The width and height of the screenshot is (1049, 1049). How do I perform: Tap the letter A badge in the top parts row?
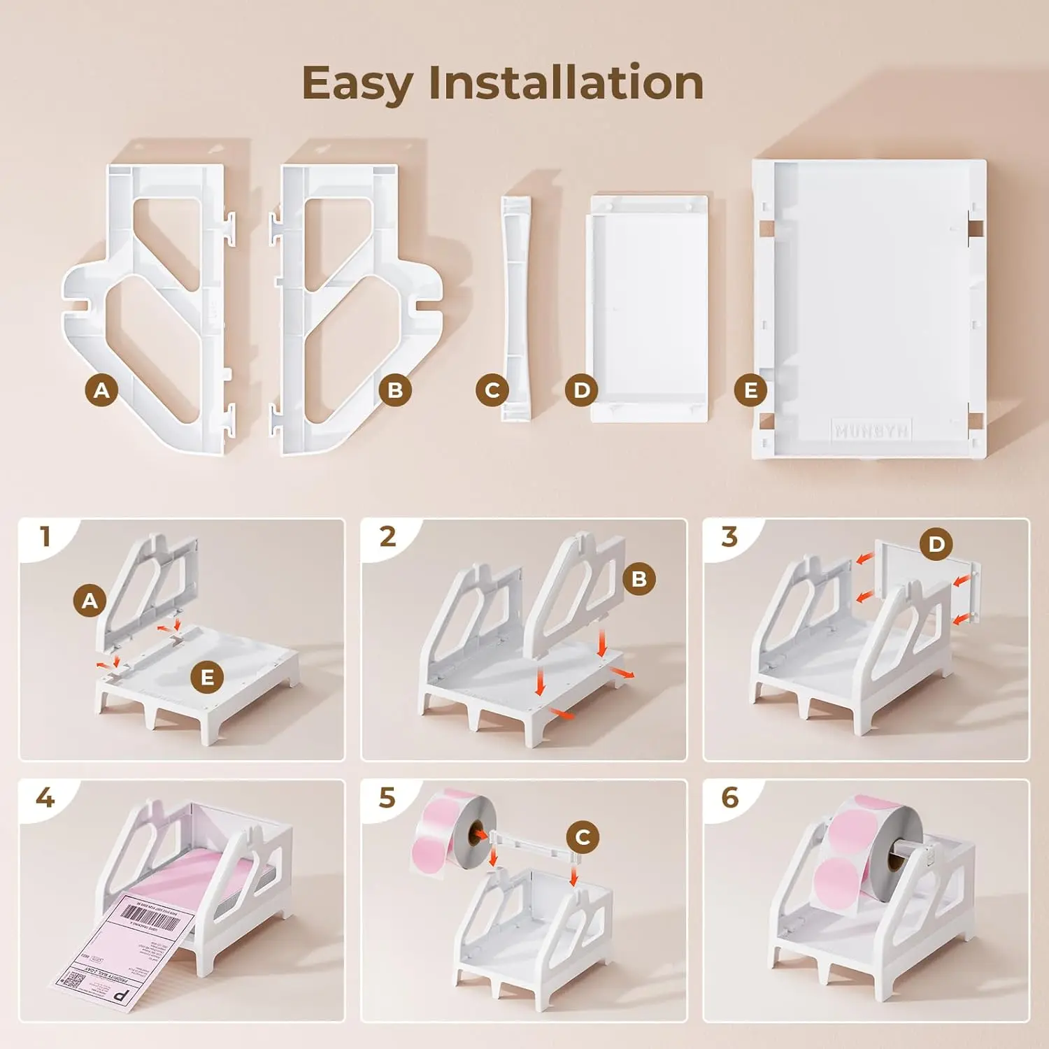[x=101, y=390]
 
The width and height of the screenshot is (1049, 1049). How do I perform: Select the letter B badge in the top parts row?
[x=395, y=390]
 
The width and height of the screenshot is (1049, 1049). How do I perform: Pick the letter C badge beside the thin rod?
[x=492, y=390]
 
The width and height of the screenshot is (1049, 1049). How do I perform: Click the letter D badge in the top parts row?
[x=582, y=390]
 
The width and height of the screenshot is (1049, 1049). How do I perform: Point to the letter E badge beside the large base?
[x=750, y=390]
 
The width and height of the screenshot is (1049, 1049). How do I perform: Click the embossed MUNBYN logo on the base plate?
[x=871, y=431]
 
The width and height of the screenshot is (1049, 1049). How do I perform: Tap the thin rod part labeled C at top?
[x=516, y=308]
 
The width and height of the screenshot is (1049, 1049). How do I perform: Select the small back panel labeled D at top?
[x=648, y=308]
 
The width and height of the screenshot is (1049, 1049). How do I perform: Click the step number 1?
[x=45, y=537]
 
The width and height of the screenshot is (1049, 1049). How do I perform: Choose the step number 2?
[x=387, y=537]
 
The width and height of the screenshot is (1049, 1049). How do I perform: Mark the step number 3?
[x=729, y=537]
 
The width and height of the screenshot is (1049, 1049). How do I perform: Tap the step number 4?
[x=45, y=798]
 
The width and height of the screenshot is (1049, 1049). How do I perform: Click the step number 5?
[x=387, y=798]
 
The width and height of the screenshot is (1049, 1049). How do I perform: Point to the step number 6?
[x=729, y=798]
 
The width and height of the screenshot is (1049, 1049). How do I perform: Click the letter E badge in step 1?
[x=208, y=678]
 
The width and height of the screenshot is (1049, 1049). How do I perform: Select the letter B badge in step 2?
[x=639, y=579]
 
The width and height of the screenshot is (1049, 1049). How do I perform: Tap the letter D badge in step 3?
[x=936, y=544]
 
